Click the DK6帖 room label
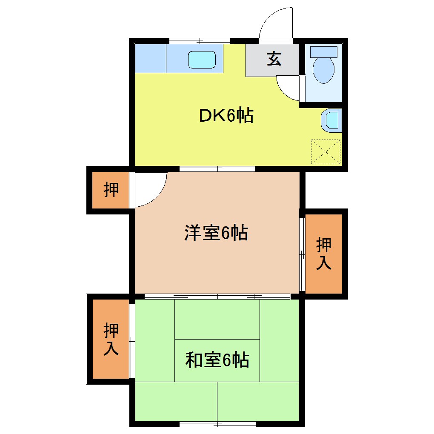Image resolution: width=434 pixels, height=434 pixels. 226,115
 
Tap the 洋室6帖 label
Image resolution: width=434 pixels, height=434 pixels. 216,233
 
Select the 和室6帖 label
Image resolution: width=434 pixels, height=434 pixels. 217,361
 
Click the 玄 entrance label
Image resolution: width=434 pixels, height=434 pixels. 274,60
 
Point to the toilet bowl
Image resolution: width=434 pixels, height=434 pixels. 323,70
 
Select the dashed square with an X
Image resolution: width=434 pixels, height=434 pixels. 326,151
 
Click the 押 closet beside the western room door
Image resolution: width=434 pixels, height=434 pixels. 111,190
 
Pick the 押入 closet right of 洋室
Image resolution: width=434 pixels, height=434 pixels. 324,254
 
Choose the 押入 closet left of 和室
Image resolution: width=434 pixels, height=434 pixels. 111,339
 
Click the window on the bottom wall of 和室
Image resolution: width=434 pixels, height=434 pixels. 217,423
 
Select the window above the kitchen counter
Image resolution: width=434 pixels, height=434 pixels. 200,41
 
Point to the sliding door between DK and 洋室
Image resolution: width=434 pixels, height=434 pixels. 217,169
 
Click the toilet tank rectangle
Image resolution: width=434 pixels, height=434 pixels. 324,52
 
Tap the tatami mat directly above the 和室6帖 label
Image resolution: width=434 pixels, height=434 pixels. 217,319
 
